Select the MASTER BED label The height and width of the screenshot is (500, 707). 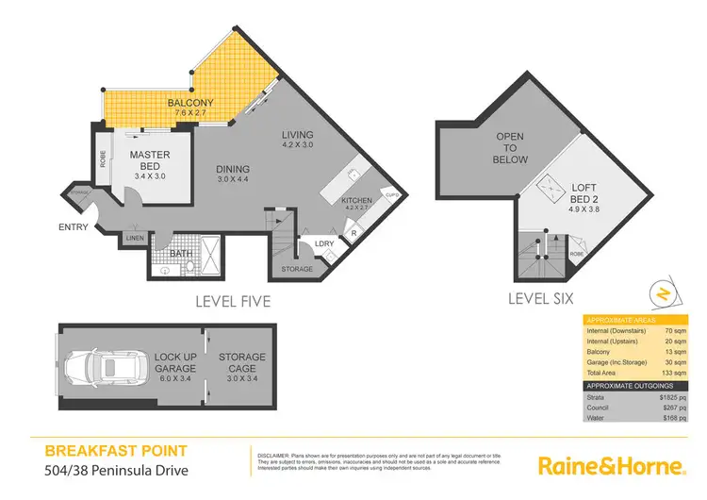[x=149, y=160]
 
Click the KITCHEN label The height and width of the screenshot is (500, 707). [x=356, y=201]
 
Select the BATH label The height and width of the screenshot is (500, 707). [x=181, y=253]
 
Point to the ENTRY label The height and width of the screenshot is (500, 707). [x=73, y=226]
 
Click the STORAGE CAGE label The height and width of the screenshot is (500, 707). [x=242, y=362]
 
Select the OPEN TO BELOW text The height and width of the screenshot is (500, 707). [x=510, y=148]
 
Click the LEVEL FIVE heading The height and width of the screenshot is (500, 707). [x=233, y=302]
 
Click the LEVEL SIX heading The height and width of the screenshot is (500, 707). [x=542, y=300]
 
